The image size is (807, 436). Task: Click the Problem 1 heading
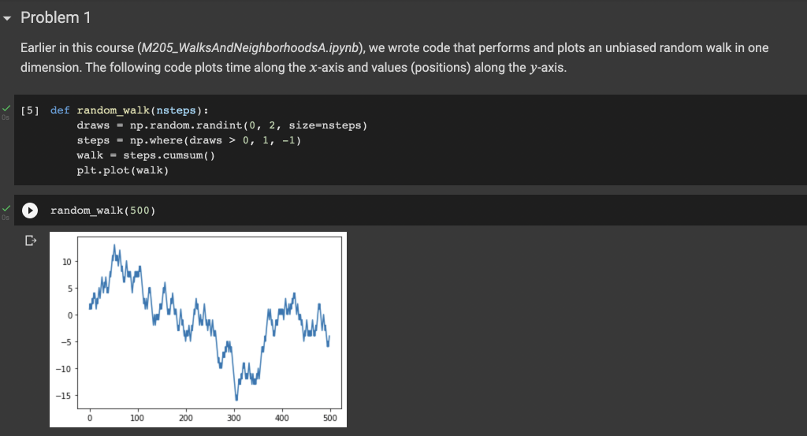coord(50,17)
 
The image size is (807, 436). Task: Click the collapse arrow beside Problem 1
coord(9,17)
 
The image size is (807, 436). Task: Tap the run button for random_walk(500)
coord(29,211)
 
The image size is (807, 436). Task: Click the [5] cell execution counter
coord(32,111)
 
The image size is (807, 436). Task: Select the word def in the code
coord(60,111)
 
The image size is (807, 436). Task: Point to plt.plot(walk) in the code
coord(122,170)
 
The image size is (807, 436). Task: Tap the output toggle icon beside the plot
coord(31,240)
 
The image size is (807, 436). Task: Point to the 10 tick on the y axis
coord(66,261)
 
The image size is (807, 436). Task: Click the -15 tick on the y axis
coord(65,396)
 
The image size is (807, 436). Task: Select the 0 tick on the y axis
coord(69,315)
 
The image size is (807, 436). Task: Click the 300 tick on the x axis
coord(234,418)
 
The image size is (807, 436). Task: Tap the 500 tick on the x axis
coord(330,418)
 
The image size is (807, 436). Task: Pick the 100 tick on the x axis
coord(138,418)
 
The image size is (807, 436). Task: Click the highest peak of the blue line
coord(115,245)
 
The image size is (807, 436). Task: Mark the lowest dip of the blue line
coord(236,400)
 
